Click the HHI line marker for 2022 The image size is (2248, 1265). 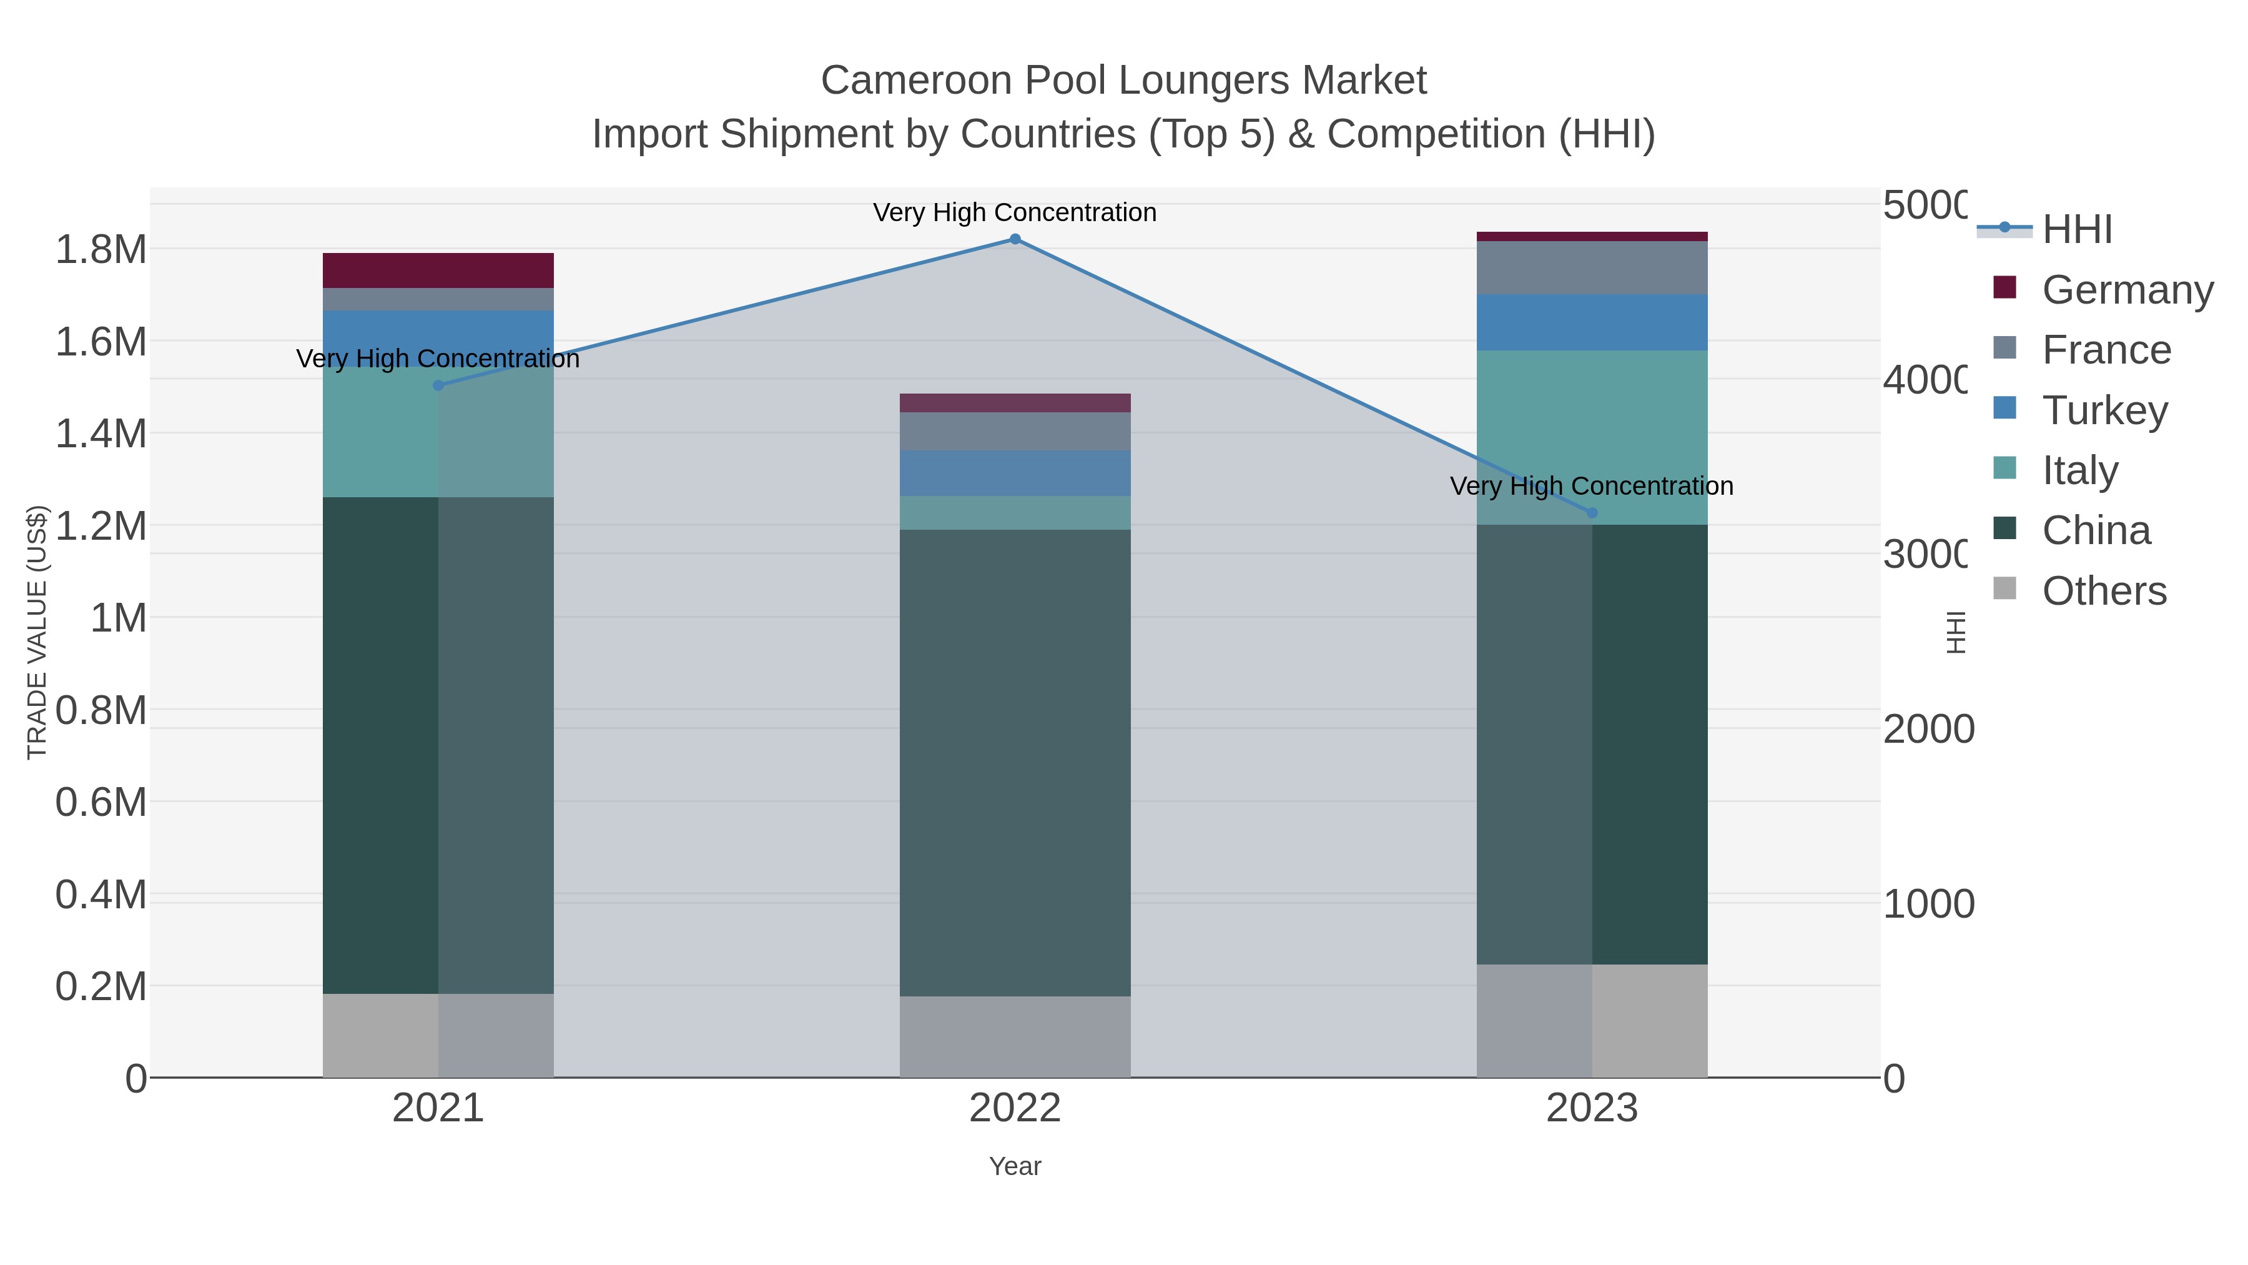tap(1015, 239)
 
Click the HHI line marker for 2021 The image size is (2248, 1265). tap(438, 385)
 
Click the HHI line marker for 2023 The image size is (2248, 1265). tap(1592, 512)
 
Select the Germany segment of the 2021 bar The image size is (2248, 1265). tap(438, 270)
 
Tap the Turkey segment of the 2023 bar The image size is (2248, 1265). tap(1592, 322)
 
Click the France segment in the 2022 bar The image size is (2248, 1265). tap(1015, 431)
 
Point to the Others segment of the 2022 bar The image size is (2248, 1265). tap(1015, 1036)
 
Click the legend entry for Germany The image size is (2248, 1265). tap(2127, 290)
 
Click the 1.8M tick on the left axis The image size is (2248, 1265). tap(101, 250)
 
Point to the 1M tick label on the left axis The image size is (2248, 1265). tap(118, 618)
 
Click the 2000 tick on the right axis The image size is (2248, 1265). tap(1928, 729)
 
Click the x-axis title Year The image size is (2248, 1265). tap(1015, 1166)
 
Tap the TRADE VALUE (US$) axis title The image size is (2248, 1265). tap(37, 632)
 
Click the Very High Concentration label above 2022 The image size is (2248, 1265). tap(1015, 212)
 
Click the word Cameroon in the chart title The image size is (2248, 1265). tap(916, 81)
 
